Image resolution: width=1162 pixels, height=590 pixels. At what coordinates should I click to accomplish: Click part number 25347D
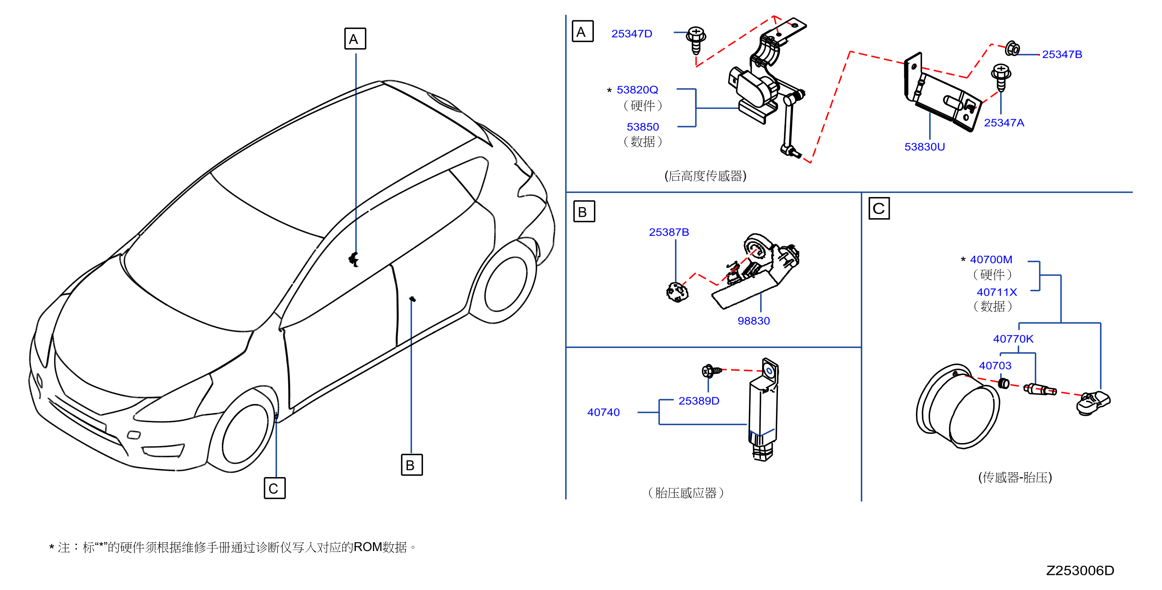pyautogui.click(x=632, y=34)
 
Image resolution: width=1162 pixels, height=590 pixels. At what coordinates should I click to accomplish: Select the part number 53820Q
pyautogui.click(x=637, y=90)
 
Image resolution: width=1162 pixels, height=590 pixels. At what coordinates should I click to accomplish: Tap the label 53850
pyautogui.click(x=643, y=127)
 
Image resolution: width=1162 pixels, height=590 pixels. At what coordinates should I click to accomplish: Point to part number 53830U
pyautogui.click(x=924, y=147)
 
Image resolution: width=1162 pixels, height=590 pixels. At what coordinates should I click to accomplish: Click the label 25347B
pyautogui.click(x=1062, y=54)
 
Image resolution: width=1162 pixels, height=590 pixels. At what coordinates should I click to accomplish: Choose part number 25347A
pyautogui.click(x=1004, y=123)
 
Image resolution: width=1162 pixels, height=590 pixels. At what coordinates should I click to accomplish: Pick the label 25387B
pyautogui.click(x=669, y=232)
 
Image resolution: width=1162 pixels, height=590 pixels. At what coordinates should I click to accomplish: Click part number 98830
pyautogui.click(x=753, y=321)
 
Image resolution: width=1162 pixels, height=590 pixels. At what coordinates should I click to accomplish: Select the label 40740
pyautogui.click(x=603, y=412)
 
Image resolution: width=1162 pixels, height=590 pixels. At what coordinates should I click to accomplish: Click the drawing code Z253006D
pyautogui.click(x=1080, y=571)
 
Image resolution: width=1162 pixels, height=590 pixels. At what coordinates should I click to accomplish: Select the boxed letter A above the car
pyautogui.click(x=355, y=39)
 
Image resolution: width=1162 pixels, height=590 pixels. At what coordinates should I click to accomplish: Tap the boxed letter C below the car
pyautogui.click(x=274, y=488)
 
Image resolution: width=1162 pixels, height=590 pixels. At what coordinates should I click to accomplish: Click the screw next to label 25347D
pyautogui.click(x=696, y=40)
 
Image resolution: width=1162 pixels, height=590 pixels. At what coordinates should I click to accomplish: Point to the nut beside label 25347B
pyautogui.click(x=1013, y=48)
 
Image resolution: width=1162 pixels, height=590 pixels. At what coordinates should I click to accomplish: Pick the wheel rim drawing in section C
pyautogui.click(x=958, y=406)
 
